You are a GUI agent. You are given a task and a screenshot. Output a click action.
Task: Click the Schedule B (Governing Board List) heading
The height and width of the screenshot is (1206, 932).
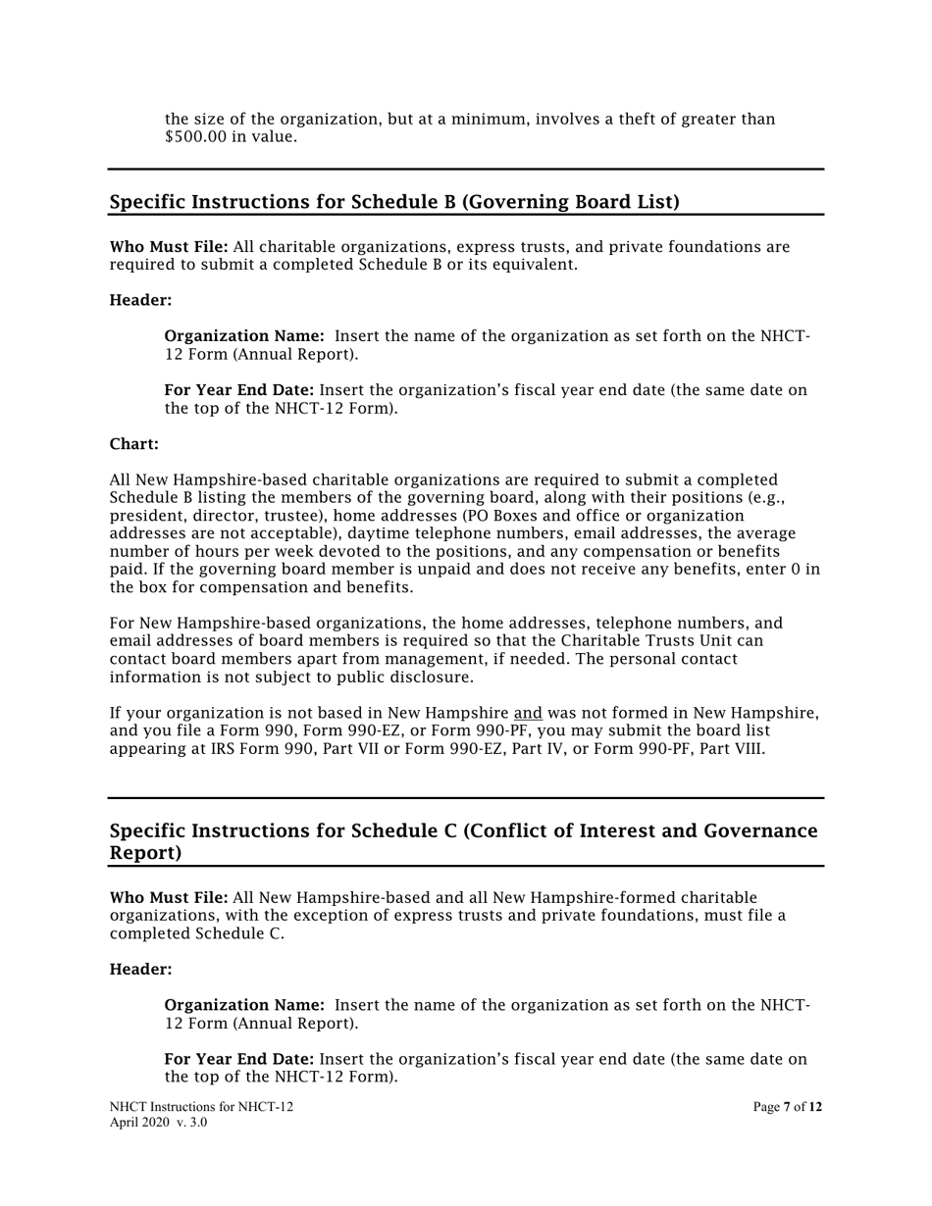click(x=394, y=202)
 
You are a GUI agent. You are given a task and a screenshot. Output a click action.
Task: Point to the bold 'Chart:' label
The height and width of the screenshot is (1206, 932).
click(x=133, y=444)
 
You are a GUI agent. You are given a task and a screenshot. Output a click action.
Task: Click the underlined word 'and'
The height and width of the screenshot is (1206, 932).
click(x=528, y=713)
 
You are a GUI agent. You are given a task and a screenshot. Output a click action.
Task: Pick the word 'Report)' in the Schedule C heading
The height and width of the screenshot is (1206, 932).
click(x=145, y=853)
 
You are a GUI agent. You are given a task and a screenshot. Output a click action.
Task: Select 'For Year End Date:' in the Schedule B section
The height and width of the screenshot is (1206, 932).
click(x=239, y=390)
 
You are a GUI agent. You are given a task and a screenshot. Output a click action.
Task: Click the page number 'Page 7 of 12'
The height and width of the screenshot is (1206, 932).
click(x=787, y=1107)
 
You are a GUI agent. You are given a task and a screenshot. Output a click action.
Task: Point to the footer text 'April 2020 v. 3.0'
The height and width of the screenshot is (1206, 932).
click(x=158, y=1122)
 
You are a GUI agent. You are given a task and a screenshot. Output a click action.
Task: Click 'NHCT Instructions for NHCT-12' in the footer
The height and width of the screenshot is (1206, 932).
click(x=201, y=1107)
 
